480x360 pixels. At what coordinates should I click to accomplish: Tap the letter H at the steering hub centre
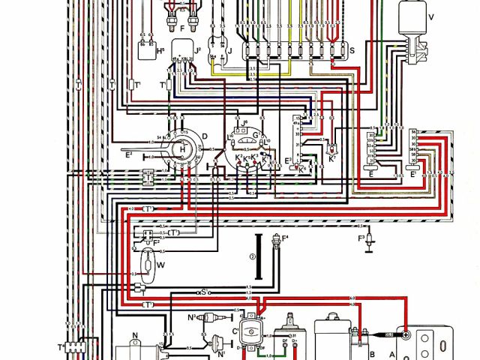(181, 149)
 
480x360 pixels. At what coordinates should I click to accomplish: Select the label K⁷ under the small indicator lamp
(331, 159)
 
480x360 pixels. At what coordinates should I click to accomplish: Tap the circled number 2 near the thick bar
(253, 256)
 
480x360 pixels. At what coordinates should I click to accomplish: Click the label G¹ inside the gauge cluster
(256, 134)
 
